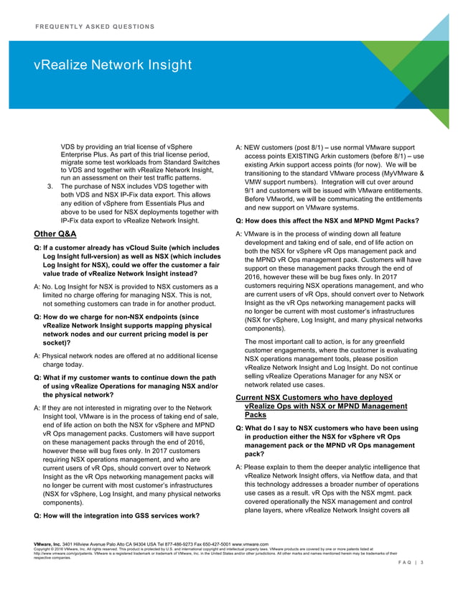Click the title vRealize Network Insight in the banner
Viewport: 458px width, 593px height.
(113, 66)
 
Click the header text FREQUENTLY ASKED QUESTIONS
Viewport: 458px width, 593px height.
(94, 27)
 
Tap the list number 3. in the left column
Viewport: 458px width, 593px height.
(49, 188)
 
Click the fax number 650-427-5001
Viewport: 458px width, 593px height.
(213, 545)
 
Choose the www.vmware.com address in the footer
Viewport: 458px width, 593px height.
(251, 545)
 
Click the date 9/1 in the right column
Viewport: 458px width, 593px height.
(251, 193)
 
